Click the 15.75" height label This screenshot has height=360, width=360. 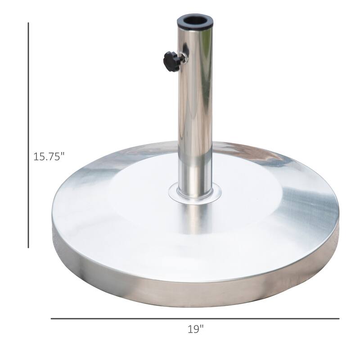49,157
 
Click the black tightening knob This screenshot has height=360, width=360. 171,61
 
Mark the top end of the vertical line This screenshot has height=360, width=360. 28,23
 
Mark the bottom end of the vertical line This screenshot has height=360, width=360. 28,247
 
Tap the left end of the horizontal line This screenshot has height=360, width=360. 51,319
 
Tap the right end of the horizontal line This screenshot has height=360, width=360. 338,319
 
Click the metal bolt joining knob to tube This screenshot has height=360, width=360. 182,59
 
